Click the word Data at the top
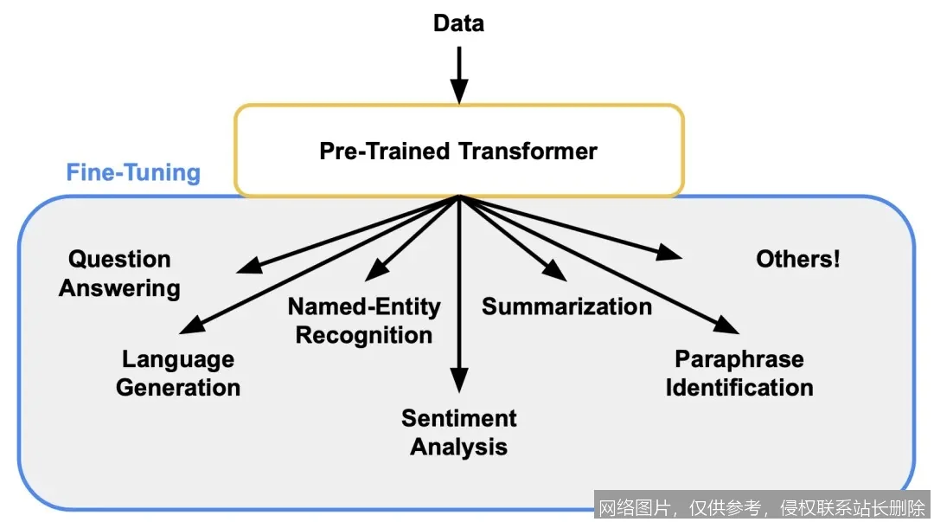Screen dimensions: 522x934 (x=458, y=23)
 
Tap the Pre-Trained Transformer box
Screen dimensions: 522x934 (x=458, y=151)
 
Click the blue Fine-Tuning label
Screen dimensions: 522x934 (x=133, y=172)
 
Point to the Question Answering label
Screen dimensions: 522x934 (x=119, y=273)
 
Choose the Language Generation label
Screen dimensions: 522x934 (x=178, y=373)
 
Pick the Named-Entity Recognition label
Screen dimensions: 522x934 (x=364, y=320)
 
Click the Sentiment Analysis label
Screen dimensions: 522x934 (x=458, y=432)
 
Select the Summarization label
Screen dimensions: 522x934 (x=566, y=306)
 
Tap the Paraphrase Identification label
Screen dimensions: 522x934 (x=739, y=373)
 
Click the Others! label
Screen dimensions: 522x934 (x=797, y=259)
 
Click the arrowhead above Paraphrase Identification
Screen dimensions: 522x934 (x=729, y=325)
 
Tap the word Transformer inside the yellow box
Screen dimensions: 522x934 (x=528, y=151)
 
